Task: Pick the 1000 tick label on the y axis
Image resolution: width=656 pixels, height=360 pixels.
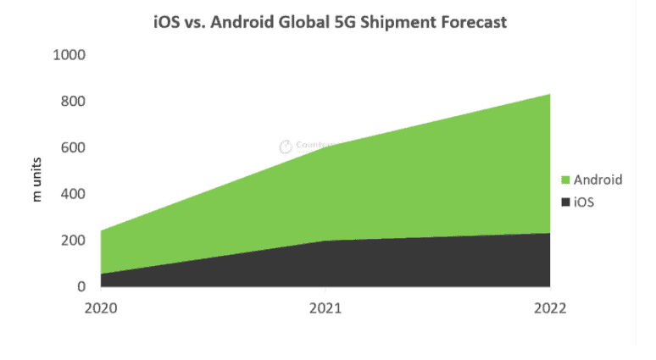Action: (x=70, y=55)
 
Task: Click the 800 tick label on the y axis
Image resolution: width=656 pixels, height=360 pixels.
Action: (x=74, y=102)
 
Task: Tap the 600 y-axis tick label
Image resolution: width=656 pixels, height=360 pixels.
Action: (x=74, y=148)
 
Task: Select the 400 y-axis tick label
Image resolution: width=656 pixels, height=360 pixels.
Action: (x=74, y=194)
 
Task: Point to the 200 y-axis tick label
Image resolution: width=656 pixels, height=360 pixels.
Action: (x=74, y=241)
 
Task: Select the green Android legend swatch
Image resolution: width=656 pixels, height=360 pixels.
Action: (x=565, y=180)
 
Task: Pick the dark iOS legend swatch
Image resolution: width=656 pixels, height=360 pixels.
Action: (x=565, y=203)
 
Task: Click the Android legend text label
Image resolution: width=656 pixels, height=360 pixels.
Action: (x=598, y=180)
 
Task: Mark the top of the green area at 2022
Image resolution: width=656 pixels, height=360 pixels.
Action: (x=549, y=94)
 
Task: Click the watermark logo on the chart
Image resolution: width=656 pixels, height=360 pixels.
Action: (x=286, y=146)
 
